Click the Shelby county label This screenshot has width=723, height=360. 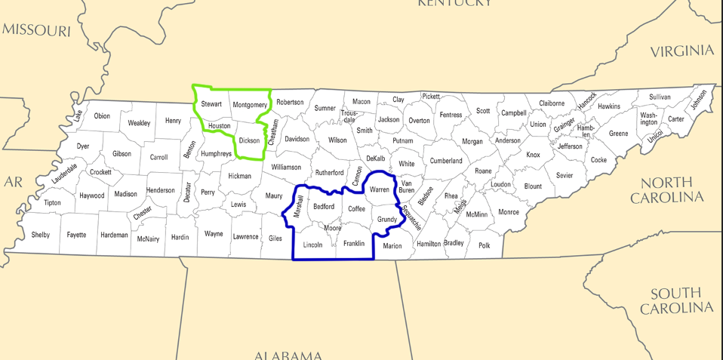[41, 235]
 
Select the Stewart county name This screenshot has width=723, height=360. [211, 103]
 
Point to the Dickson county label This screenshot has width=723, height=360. [249, 140]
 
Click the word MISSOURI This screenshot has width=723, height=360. [36, 30]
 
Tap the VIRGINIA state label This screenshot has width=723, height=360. [681, 51]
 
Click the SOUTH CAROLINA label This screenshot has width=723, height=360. [676, 300]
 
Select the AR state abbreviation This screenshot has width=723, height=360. [13, 182]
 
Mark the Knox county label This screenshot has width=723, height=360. [534, 155]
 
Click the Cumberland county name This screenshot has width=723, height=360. [446, 161]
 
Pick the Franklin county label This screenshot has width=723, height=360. [354, 243]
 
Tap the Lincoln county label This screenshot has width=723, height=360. [312, 245]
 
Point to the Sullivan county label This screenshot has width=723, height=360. [660, 97]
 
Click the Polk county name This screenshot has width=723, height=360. [484, 245]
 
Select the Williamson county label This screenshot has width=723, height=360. [286, 167]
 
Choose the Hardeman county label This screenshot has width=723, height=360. [114, 235]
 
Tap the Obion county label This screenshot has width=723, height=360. [102, 116]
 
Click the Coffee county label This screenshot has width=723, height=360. [356, 209]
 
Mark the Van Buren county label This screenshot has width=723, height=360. [407, 186]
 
